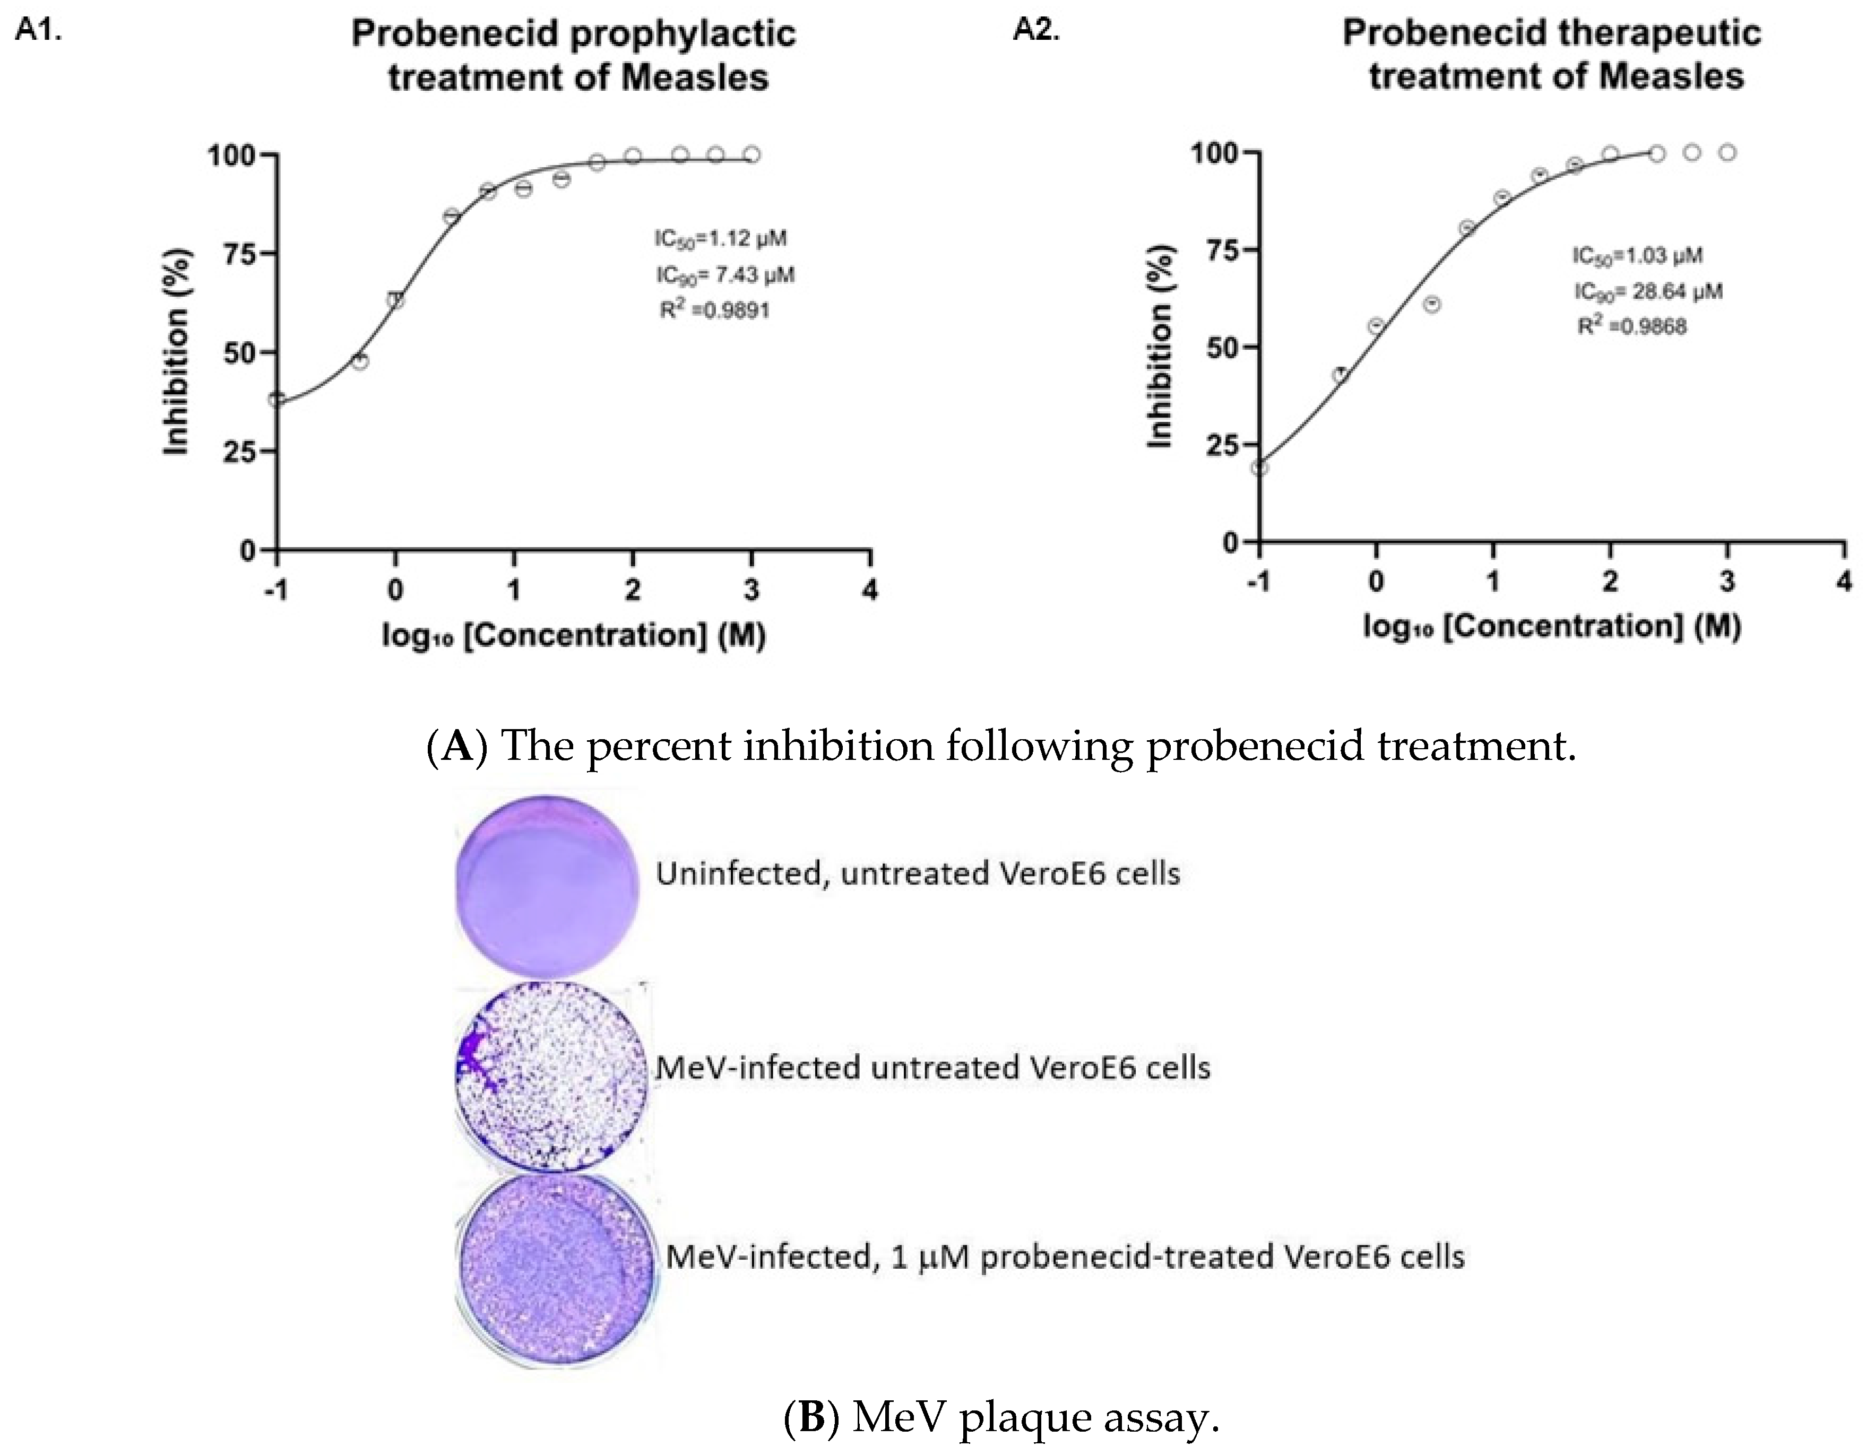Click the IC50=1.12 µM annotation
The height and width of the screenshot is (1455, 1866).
pyautogui.click(x=720, y=238)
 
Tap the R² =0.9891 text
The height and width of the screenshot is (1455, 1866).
pyautogui.click(x=714, y=310)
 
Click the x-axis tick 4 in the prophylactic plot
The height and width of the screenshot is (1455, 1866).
pyautogui.click(x=870, y=591)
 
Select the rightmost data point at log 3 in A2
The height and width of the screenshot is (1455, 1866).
pyautogui.click(x=1727, y=153)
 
